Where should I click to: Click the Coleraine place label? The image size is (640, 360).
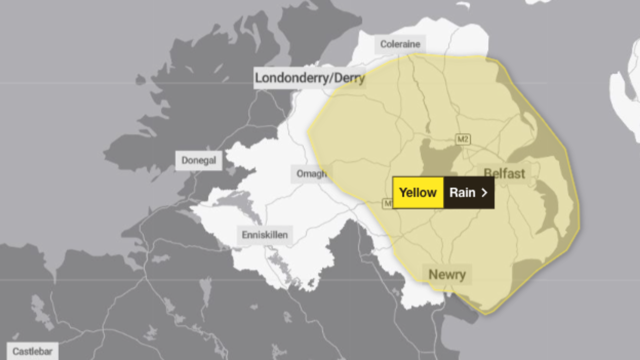tap(400, 44)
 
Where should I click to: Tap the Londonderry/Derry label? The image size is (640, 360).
tap(309, 78)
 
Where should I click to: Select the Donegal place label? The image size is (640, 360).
tap(199, 160)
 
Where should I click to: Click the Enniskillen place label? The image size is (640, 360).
tap(264, 234)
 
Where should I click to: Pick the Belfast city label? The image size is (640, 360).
tap(504, 173)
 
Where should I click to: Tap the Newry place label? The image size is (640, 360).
tap(447, 274)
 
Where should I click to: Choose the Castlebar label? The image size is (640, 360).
tap(32, 351)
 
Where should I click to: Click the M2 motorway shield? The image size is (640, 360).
tap(463, 139)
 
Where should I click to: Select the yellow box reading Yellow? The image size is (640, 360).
tap(418, 192)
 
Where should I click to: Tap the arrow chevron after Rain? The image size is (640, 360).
tap(484, 192)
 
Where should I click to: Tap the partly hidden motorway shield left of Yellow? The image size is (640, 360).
tap(387, 203)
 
